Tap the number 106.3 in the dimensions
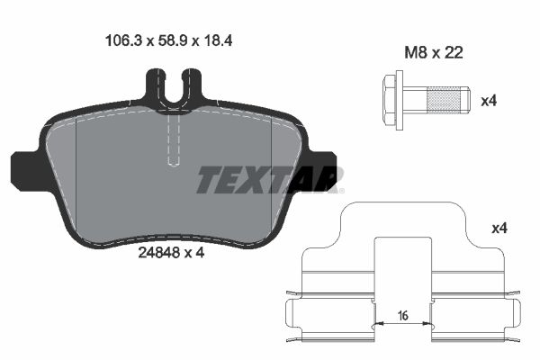pos(116,40)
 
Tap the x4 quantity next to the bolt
pos(488,100)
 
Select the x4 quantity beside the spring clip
pos(500,229)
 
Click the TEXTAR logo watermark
pos(269,180)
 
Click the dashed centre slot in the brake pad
pos(175,135)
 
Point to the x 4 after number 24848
pos(193,253)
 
